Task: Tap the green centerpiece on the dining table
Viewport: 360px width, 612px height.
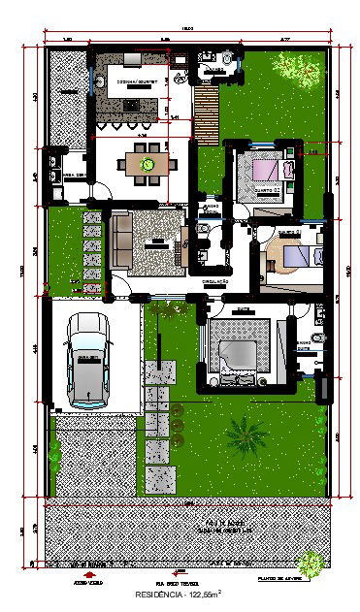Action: [x=147, y=164]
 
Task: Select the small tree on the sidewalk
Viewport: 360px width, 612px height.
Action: [x=311, y=563]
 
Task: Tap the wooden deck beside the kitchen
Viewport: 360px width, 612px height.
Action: [x=205, y=113]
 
